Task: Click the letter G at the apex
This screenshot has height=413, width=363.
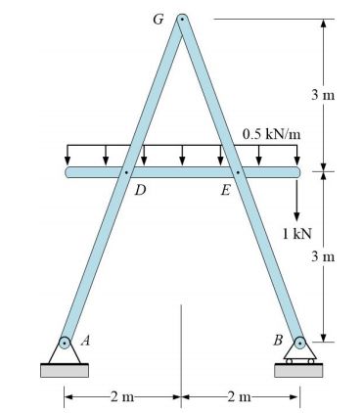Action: coord(159,19)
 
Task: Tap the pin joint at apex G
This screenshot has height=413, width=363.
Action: coord(181,19)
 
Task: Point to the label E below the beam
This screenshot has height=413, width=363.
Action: coord(226,190)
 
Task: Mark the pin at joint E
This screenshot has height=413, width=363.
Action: coord(238,172)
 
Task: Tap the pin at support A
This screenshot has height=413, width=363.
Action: coord(65,344)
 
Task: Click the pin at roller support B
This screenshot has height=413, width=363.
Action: coord(299,344)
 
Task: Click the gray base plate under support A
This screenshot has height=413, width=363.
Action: coord(65,370)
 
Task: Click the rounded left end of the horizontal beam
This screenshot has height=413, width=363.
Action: coord(70,172)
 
